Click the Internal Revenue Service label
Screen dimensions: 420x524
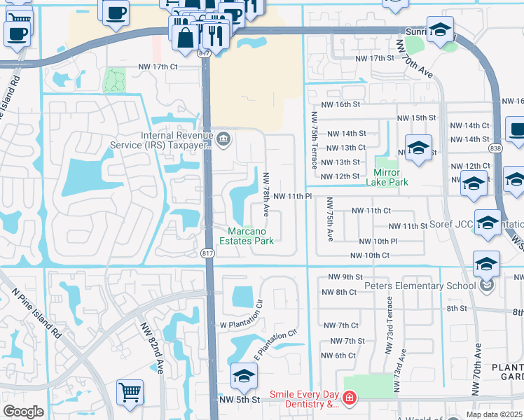(176, 140)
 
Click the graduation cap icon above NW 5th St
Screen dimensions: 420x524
(244, 377)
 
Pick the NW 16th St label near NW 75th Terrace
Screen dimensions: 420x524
(340, 104)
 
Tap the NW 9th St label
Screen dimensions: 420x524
(349, 277)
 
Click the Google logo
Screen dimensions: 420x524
(23, 412)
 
